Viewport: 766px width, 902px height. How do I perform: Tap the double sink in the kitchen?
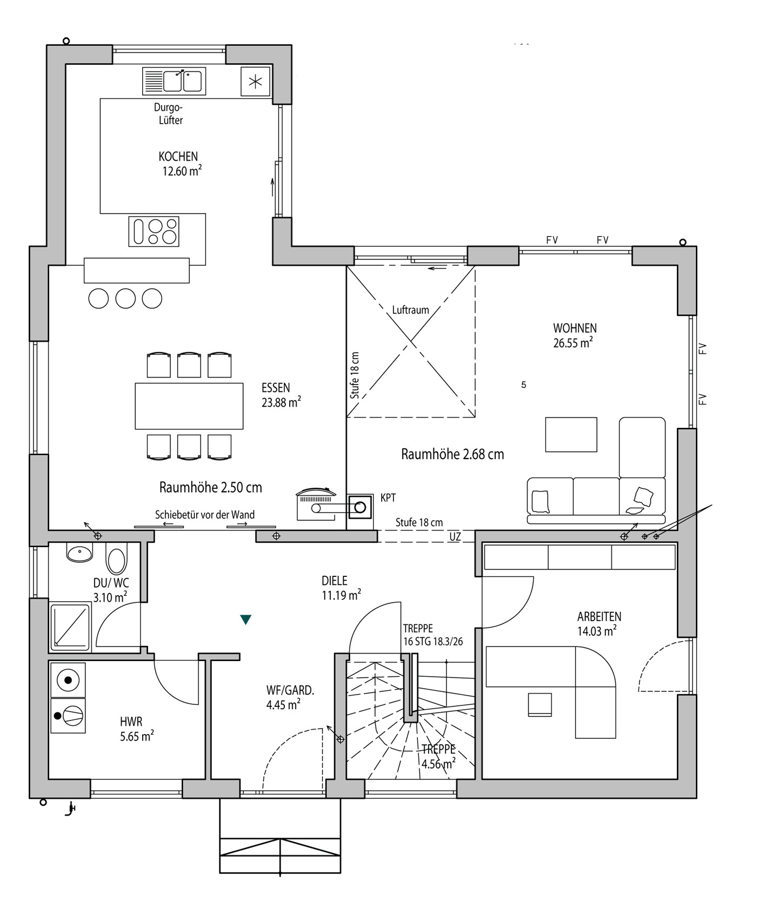[174, 81]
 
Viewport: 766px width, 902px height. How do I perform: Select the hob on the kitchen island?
[154, 231]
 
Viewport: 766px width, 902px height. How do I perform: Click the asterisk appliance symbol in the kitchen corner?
[255, 82]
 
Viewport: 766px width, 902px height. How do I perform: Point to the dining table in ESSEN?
[189, 406]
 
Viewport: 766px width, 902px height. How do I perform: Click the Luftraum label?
[411, 310]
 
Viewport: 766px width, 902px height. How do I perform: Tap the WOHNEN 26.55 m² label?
[574, 335]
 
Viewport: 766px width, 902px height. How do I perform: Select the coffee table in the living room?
[571, 434]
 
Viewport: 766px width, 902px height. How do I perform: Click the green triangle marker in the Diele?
[246, 620]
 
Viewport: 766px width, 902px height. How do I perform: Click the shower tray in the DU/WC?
[70, 627]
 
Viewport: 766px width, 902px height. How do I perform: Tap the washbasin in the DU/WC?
[79, 553]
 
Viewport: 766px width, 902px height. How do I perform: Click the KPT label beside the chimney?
[388, 498]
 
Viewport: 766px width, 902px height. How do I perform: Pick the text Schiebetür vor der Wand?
[205, 515]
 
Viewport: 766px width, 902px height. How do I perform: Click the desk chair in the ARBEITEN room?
[540, 705]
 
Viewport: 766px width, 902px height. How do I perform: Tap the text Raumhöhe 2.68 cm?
[452, 454]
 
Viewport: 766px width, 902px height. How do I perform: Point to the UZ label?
[455, 537]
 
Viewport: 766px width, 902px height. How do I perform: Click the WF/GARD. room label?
[290, 697]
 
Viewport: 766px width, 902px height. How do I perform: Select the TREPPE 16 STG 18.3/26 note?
[433, 635]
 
